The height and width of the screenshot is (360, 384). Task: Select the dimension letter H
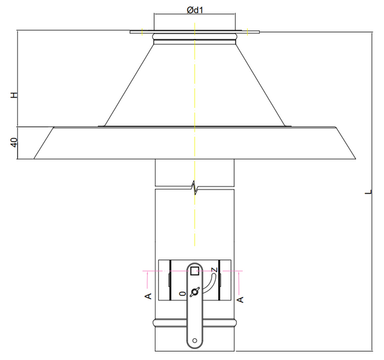tap(13, 95)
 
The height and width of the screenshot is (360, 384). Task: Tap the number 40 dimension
tap(13, 142)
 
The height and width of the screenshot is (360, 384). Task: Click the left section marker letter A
tap(147, 296)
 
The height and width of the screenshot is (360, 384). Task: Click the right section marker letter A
tap(240, 298)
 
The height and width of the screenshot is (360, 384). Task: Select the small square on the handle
tap(195, 270)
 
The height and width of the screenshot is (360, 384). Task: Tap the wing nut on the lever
tap(193, 291)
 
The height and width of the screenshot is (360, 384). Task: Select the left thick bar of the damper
tap(169, 280)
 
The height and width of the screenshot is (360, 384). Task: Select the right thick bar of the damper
tap(219, 280)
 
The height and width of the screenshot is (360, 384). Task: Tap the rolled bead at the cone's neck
tap(195, 40)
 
